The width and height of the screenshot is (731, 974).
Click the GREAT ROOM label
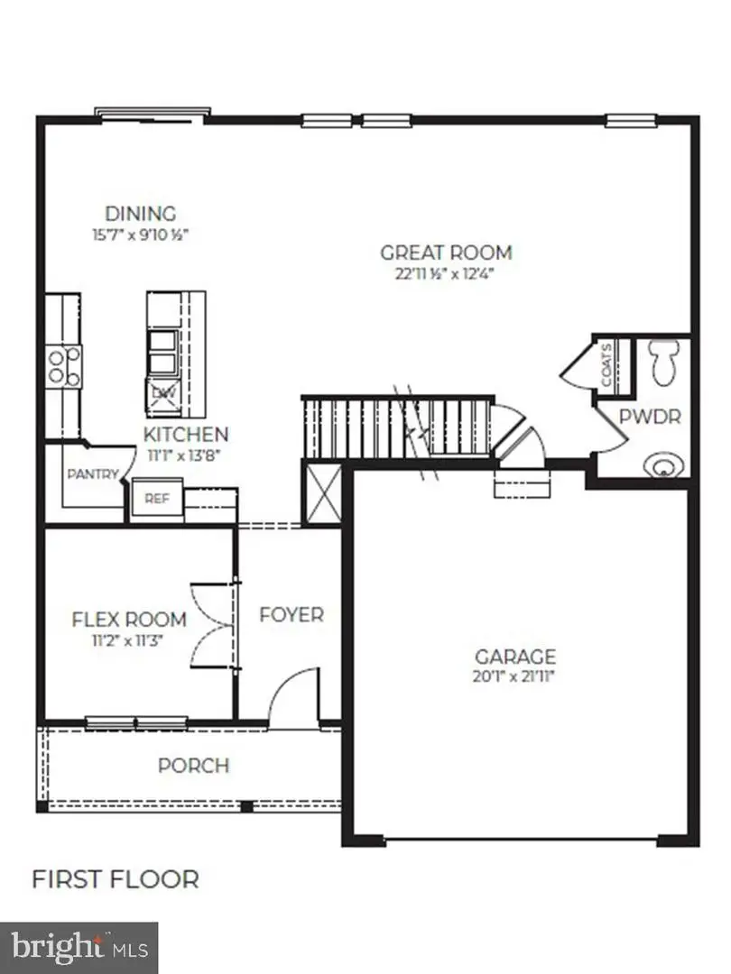tap(445, 253)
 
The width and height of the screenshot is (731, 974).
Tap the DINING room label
tap(140, 214)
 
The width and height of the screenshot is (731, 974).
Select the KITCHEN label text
tap(186, 435)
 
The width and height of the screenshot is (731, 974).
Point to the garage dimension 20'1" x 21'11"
tap(515, 676)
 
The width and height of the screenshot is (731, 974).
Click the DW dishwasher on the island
tap(163, 393)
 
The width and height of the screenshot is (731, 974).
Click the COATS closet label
tap(607, 364)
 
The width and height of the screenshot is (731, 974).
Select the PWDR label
tap(649, 418)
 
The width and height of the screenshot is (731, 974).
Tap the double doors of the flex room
tap(213, 622)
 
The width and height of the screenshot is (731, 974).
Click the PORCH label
tap(193, 766)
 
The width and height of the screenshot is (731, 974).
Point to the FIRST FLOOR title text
tap(116, 878)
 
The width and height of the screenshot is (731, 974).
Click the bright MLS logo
tap(79, 947)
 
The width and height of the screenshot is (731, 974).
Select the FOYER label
tap(291, 615)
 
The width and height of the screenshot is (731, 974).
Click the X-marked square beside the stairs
tap(321, 493)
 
